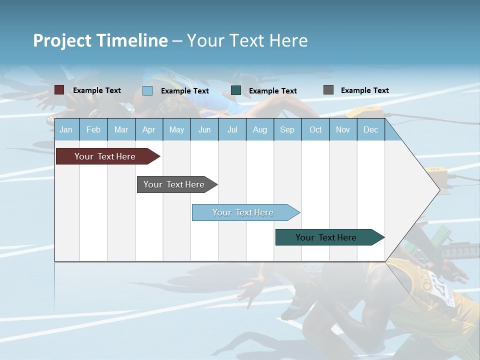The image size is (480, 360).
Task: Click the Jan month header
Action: pyautogui.click(x=66, y=130)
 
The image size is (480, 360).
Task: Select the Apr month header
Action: pyautogui.click(x=148, y=130)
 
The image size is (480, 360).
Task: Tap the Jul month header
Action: pyautogui.click(x=232, y=130)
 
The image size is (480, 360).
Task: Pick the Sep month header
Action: pyautogui.click(x=287, y=130)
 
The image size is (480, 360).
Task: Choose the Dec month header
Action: pyautogui.click(x=370, y=130)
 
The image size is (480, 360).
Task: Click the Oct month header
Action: pyautogui.click(x=315, y=130)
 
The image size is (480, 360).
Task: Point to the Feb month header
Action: pyautogui.click(x=93, y=130)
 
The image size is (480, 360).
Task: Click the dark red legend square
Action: pyautogui.click(x=59, y=90)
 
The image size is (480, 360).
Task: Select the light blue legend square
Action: pyautogui.click(x=147, y=90)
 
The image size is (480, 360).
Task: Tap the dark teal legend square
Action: pyautogui.click(x=236, y=90)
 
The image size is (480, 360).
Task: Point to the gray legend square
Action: pyautogui.click(x=328, y=90)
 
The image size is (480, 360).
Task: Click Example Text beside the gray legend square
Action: pyautogui.click(x=364, y=90)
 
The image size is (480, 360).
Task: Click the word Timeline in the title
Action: pyautogui.click(x=132, y=40)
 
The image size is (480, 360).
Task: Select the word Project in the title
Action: pyautogui.click(x=62, y=40)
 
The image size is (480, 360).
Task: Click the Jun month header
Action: pyautogui.click(x=204, y=130)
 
